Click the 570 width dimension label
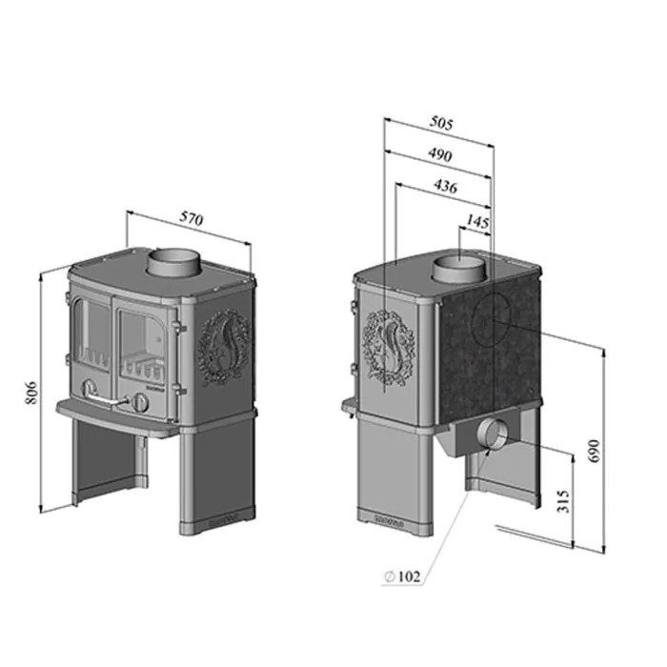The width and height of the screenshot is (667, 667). pyautogui.click(x=192, y=218)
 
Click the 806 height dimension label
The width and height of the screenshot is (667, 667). pyautogui.click(x=32, y=393)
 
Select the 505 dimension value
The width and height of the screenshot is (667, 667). pyautogui.click(x=441, y=123)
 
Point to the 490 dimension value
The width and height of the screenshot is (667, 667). pyautogui.click(x=440, y=154)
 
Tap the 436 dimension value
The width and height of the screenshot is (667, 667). pyautogui.click(x=445, y=187)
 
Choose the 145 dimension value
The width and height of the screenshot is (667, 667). pyautogui.click(x=477, y=221)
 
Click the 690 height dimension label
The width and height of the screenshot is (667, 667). pyautogui.click(x=595, y=451)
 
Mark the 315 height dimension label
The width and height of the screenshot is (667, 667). pyautogui.click(x=563, y=501)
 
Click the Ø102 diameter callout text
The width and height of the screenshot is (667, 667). pyautogui.click(x=402, y=576)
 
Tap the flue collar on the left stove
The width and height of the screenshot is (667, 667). pyautogui.click(x=173, y=262)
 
